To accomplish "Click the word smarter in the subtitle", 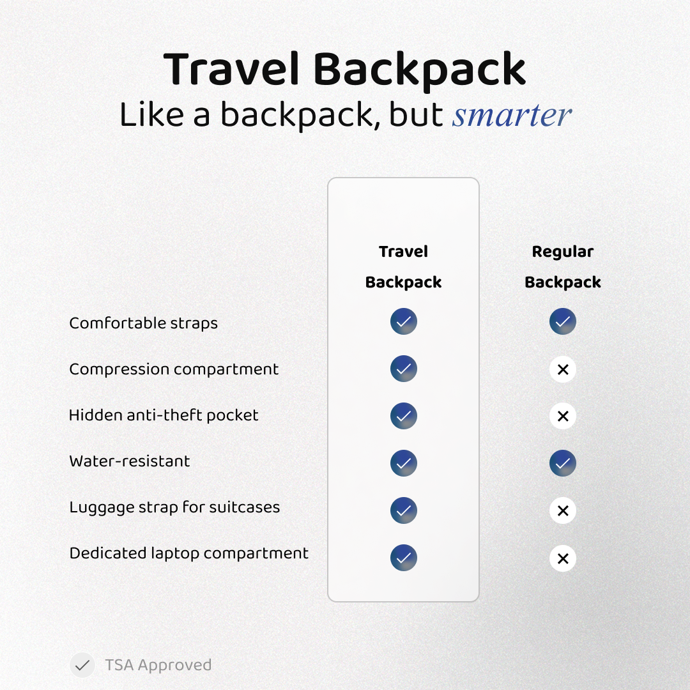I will (512, 115).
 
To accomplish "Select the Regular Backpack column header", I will (562, 267).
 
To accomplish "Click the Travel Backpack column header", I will (403, 267).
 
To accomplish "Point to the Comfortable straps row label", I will (143, 323).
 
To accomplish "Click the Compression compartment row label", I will (174, 369).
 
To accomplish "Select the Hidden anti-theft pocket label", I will (164, 415).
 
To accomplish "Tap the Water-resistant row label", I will (130, 461).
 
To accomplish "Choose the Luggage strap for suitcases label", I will (174, 507).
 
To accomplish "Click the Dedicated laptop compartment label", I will (188, 553).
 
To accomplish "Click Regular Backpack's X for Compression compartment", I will (563, 369).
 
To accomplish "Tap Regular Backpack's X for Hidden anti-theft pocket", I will (563, 416).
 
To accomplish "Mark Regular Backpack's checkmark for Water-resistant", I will (563, 463).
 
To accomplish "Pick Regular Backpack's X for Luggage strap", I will (563, 510).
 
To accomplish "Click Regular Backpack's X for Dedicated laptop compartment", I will (563, 558).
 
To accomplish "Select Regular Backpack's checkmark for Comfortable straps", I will (563, 321).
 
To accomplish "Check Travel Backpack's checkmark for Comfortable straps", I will (404, 321).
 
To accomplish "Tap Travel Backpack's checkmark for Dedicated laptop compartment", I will (404, 558).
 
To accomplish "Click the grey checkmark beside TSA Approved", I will (82, 665).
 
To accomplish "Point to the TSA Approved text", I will (158, 665).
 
